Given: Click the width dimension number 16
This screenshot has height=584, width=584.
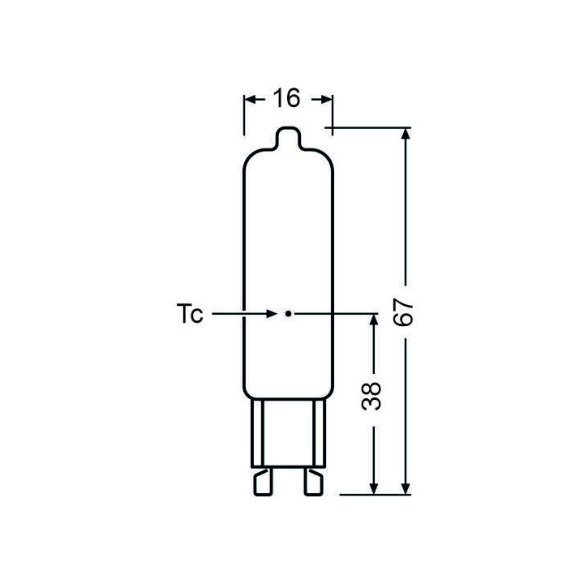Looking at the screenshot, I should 287,99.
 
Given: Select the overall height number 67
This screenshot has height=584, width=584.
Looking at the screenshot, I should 403,311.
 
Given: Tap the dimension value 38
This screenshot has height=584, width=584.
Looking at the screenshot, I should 372,402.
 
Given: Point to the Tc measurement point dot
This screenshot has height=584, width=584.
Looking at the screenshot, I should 287,312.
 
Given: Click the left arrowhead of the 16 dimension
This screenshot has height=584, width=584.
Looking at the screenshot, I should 250,99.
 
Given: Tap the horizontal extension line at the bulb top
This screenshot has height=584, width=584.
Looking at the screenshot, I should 369,127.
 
